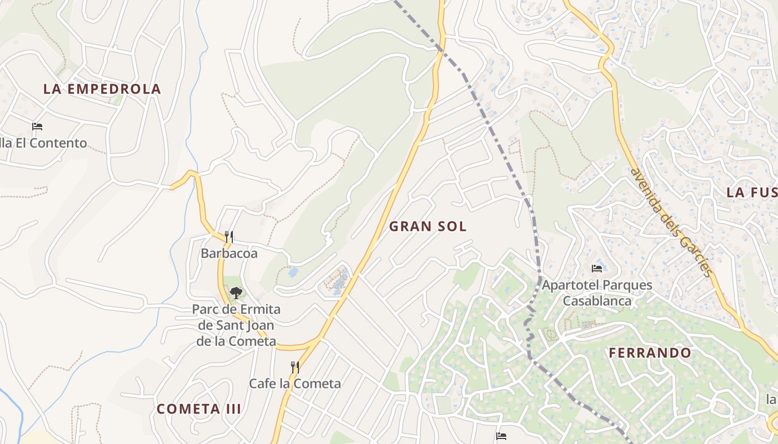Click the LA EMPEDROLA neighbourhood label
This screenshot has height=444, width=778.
102,89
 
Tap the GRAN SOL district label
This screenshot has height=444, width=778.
427,226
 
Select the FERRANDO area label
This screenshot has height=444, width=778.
650,353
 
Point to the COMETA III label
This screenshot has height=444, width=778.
198,409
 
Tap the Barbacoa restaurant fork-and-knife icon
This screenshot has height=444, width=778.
229,237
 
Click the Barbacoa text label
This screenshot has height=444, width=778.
229,254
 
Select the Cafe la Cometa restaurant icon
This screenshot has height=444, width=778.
295,367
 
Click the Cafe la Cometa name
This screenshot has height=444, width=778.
295,384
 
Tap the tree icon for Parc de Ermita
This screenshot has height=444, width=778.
236,292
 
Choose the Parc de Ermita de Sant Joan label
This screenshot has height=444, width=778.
236,325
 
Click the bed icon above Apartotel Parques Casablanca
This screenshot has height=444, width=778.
597,269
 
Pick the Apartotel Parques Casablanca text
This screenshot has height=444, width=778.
597,293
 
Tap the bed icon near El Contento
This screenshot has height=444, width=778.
37,127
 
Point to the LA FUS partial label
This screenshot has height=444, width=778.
751,193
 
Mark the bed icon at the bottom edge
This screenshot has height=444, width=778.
501,436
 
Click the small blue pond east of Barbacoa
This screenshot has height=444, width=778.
293,273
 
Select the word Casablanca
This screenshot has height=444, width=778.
597,301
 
